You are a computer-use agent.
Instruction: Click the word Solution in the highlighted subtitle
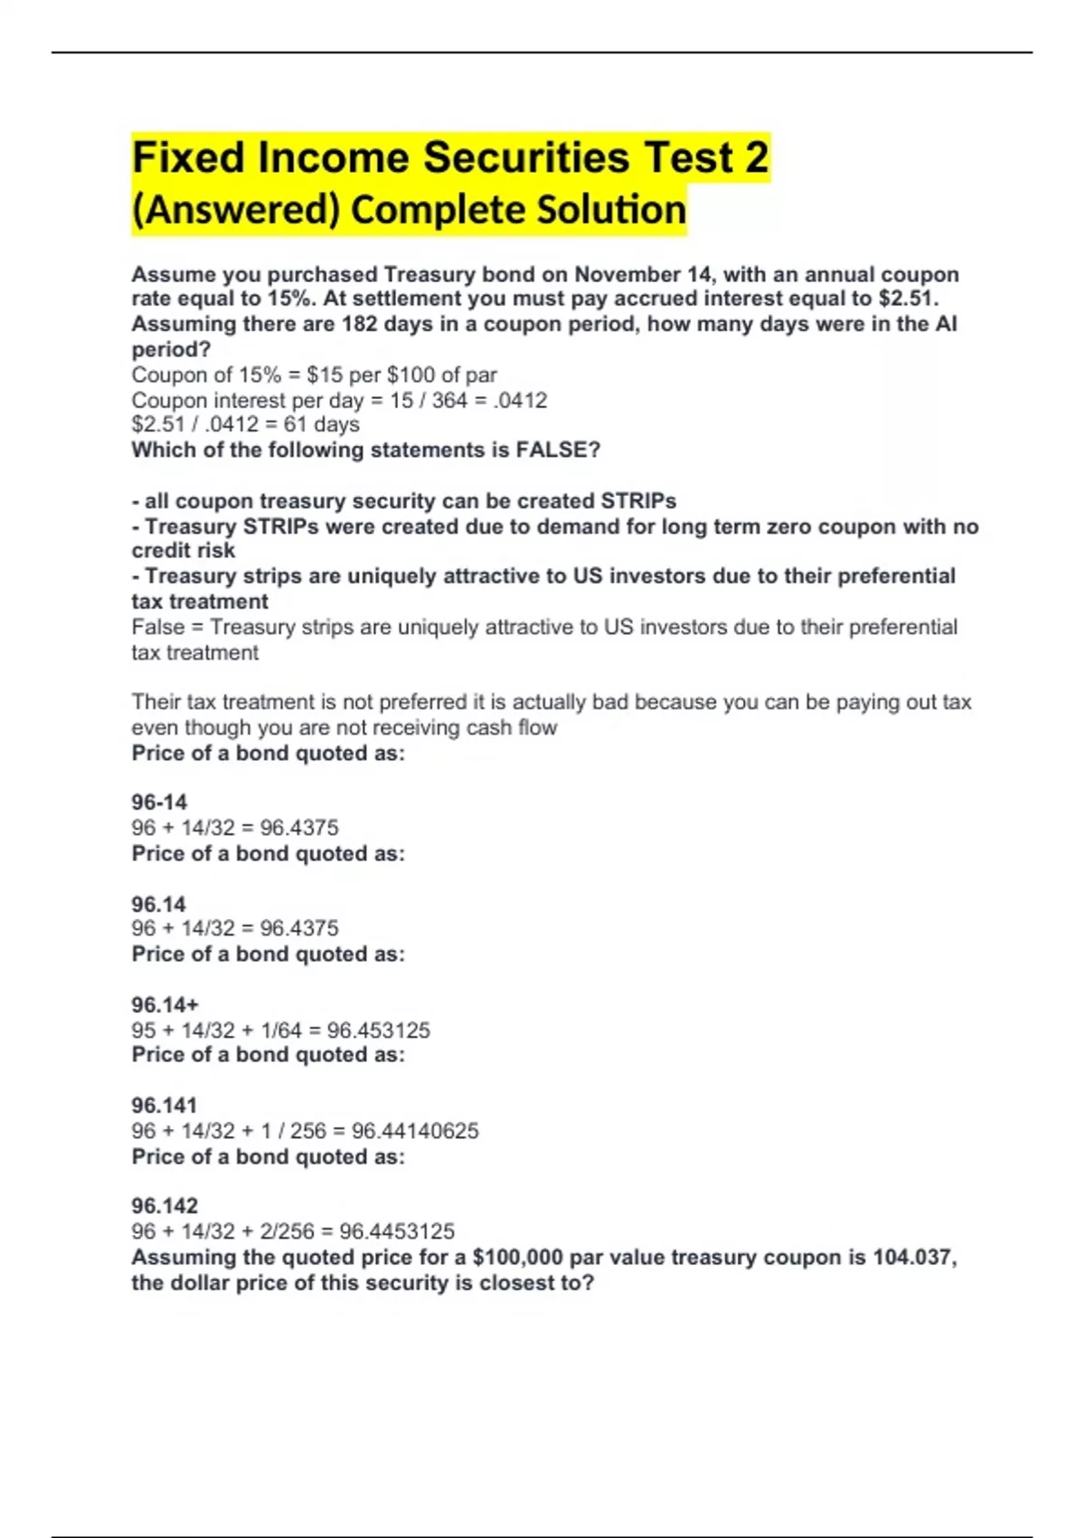pyautogui.click(x=611, y=210)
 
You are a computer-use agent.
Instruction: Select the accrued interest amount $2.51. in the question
pyautogui.click(x=909, y=299)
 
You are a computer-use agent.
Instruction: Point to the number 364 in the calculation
pyautogui.click(x=449, y=400)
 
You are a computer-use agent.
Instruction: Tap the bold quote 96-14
pyautogui.click(x=159, y=802)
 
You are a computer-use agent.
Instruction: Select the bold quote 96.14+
pyautogui.click(x=165, y=1005)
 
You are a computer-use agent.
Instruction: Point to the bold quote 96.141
pyautogui.click(x=164, y=1106)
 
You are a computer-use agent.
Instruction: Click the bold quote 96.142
pyautogui.click(x=165, y=1206)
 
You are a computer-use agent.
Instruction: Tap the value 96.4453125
pyautogui.click(x=397, y=1231)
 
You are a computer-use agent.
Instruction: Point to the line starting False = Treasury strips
pyautogui.click(x=544, y=627)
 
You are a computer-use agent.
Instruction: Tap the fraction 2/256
pyautogui.click(x=288, y=1231)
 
